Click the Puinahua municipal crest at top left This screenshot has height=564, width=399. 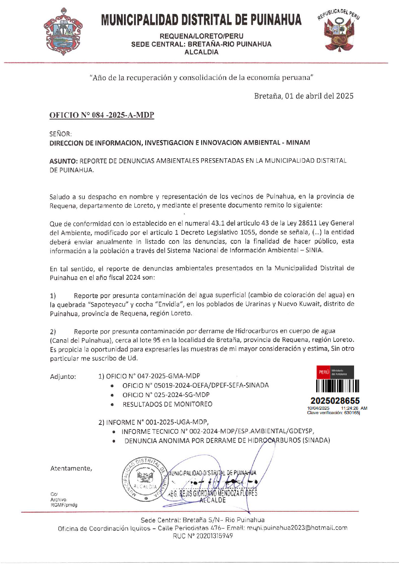tap(63, 32)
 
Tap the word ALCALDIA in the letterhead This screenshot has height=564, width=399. tap(201, 52)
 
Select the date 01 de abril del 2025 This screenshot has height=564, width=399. tap(319, 96)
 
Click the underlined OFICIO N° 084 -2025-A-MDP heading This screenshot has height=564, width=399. tap(102, 115)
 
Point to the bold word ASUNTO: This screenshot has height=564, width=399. tap(64, 161)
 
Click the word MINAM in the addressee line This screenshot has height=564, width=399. tap(298, 143)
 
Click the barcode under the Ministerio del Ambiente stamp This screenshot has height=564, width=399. tap(338, 386)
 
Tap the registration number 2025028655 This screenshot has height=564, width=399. tap(335, 401)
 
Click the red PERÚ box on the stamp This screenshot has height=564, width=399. tap(324, 372)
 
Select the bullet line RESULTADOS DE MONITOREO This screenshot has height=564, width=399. tap(167, 404)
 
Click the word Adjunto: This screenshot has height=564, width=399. tap(63, 377)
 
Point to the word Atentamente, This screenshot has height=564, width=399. tap(71, 468)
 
